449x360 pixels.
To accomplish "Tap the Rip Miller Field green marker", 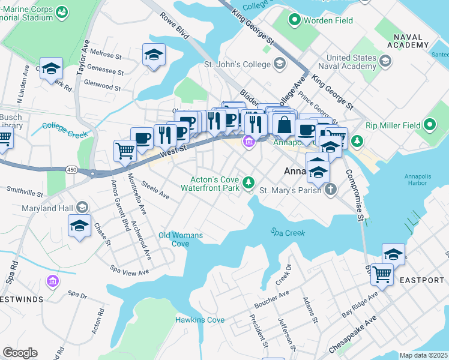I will [429, 125].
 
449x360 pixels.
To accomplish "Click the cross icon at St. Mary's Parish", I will [330, 190].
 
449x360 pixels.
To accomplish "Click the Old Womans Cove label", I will [180, 239].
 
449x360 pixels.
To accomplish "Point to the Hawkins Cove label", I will [200, 320].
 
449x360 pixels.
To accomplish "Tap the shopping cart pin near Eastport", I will [381, 275].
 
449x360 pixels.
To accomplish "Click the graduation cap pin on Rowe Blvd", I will [154, 55].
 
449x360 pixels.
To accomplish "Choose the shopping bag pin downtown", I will [284, 124].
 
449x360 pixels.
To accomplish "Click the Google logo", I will [20, 353].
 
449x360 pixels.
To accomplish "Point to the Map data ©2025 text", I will [423, 355].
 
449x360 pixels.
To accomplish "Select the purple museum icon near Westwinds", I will [52, 281].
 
